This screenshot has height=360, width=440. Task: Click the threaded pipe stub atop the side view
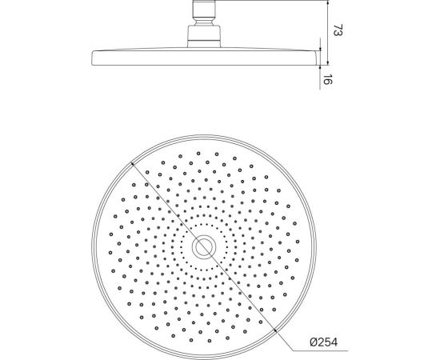pos(205,6)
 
